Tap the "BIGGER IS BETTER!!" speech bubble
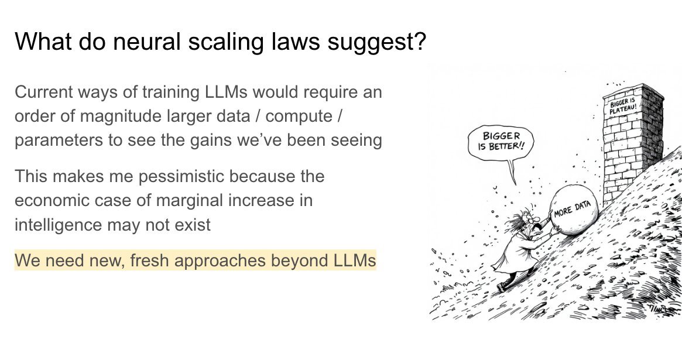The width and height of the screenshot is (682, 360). click(501, 142)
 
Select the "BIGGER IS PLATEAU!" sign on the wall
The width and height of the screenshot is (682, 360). click(623, 105)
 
